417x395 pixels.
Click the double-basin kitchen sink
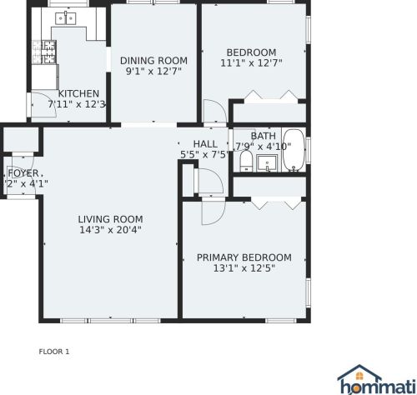pos(64,17)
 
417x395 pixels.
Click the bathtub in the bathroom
pos(294,150)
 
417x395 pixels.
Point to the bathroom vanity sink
pos(268,162)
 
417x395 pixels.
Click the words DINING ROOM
pos(153,60)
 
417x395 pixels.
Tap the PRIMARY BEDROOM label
pos(244,257)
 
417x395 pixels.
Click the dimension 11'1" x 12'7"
pos(251,62)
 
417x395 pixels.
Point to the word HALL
pos(204,144)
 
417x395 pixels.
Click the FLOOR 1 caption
pos(54,352)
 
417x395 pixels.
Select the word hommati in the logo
pos(375,387)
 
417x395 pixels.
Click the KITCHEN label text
pos(78,93)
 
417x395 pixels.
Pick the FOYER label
pos(23,172)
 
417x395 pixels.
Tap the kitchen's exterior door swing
pos(40,104)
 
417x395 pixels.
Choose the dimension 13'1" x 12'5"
pos(244,268)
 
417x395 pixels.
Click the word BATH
pos(264,136)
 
